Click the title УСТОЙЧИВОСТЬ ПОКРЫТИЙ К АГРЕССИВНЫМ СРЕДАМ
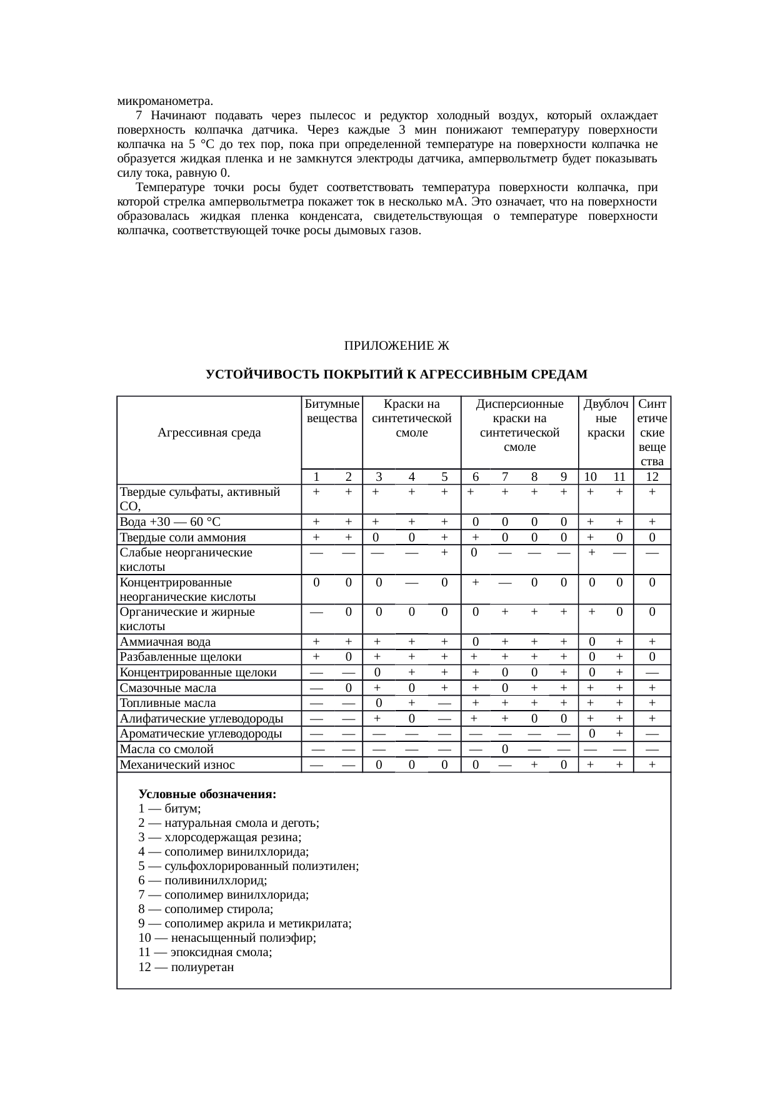[396, 375]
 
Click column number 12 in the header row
[652, 477]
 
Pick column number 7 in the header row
[505, 477]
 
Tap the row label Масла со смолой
[166, 749]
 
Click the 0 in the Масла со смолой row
[505, 749]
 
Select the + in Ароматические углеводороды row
[619, 733]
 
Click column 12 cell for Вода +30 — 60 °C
[652, 522]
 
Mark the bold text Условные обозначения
[207, 794]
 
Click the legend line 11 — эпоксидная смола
[205, 952]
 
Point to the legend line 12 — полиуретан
[186, 967]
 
